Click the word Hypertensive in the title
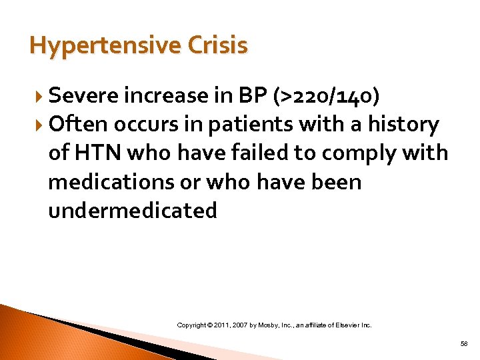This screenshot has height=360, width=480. (104, 46)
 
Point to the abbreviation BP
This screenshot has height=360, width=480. (252, 97)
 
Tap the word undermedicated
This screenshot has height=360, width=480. (133, 211)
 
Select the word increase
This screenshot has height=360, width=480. (166, 97)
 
